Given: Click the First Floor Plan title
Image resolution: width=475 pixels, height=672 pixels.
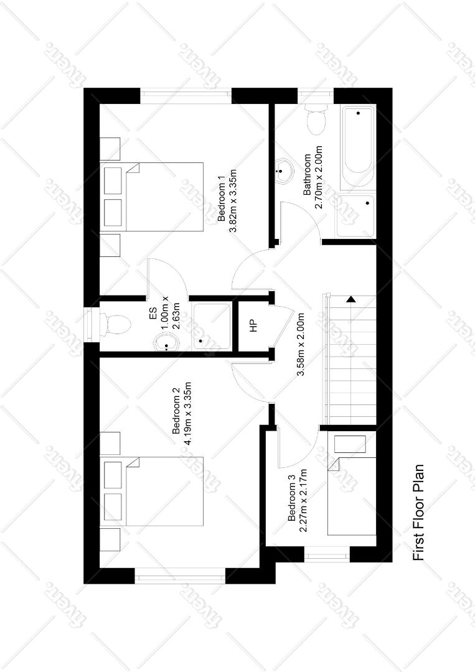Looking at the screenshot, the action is [x=418, y=513].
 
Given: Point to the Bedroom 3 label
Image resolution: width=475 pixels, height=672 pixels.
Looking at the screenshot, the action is [x=292, y=498].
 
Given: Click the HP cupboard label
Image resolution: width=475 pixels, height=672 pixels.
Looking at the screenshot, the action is [x=253, y=325].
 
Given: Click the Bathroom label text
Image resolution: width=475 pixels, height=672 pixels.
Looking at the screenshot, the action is [x=307, y=175].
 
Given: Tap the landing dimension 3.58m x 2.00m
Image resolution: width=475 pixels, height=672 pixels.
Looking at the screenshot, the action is [x=301, y=345].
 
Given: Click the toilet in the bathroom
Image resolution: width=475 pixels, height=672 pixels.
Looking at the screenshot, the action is [x=316, y=118].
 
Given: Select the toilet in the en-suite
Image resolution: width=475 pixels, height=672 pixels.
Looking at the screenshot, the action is [x=115, y=324].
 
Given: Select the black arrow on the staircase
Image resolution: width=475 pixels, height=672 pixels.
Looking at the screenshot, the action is [x=351, y=299].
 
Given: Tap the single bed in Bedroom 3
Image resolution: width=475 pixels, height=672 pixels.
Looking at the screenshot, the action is [x=352, y=496].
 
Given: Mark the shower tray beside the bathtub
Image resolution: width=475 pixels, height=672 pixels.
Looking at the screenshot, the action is [x=355, y=215].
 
